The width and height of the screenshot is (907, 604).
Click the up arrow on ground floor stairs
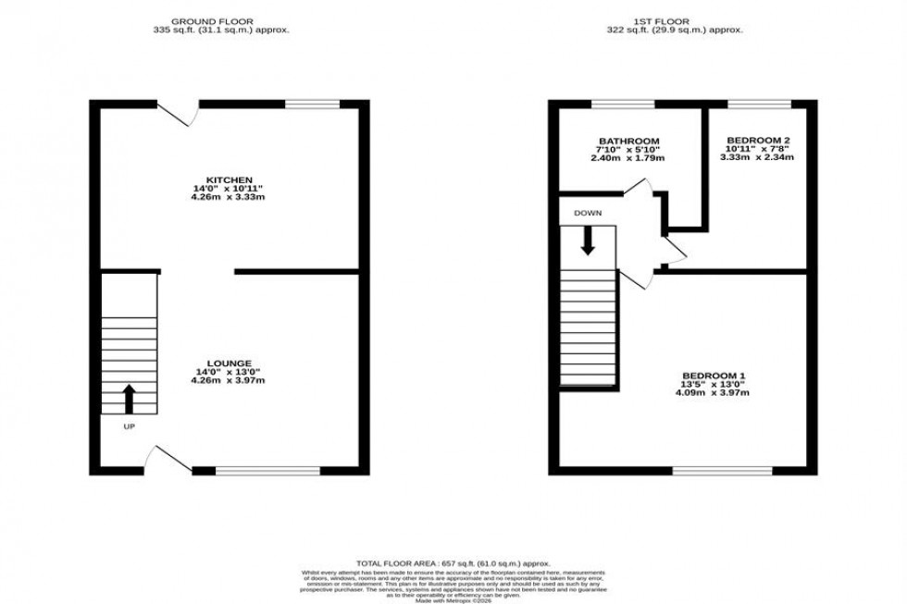click(129, 399)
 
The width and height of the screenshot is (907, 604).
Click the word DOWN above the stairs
click(588, 213)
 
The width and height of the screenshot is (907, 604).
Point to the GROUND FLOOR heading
click(221, 20)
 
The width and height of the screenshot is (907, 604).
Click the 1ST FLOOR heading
click(681, 20)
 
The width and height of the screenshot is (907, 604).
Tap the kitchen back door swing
click(180, 114)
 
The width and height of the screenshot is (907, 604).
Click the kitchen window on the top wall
click(313, 105)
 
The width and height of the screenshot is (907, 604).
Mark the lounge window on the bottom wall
click(267, 471)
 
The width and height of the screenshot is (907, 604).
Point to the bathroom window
click(616, 105)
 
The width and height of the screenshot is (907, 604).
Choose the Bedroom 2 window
click(759, 105)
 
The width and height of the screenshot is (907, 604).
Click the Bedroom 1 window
click(722, 471)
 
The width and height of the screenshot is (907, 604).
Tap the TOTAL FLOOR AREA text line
click(453, 562)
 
